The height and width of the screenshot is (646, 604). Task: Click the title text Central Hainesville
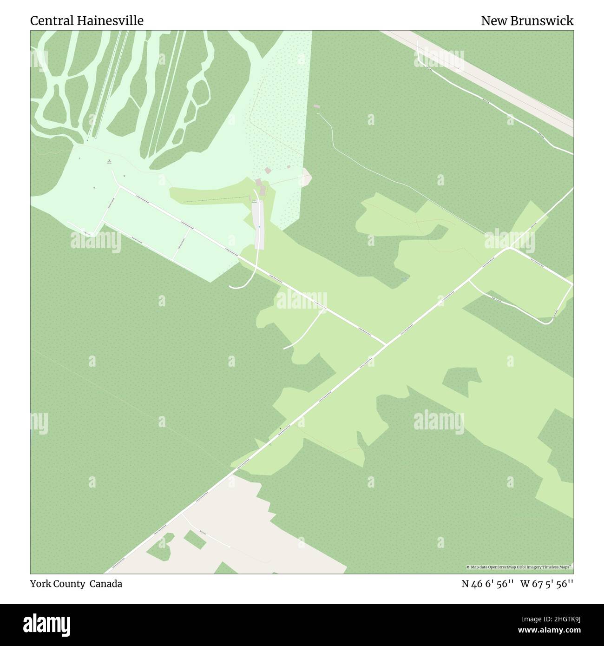pyautogui.click(x=87, y=21)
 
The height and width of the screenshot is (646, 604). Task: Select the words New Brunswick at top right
pyautogui.click(x=527, y=21)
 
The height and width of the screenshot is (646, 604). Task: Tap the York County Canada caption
pyautogui.click(x=76, y=584)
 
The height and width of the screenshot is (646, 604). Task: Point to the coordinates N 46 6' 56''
pyautogui.click(x=487, y=584)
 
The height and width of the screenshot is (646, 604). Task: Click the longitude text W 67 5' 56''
pyautogui.click(x=547, y=584)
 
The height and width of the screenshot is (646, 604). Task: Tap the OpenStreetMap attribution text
pyautogui.click(x=519, y=567)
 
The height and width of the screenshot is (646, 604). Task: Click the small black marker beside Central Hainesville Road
pyautogui.click(x=280, y=428)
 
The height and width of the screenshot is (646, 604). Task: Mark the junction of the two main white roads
pyautogui.click(x=386, y=344)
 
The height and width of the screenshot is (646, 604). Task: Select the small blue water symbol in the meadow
pyautogui.click(x=404, y=279)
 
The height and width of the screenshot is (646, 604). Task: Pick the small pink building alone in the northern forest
pyautogui.click(x=317, y=106)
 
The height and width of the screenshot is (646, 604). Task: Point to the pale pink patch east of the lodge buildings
pyautogui.click(x=305, y=176)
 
